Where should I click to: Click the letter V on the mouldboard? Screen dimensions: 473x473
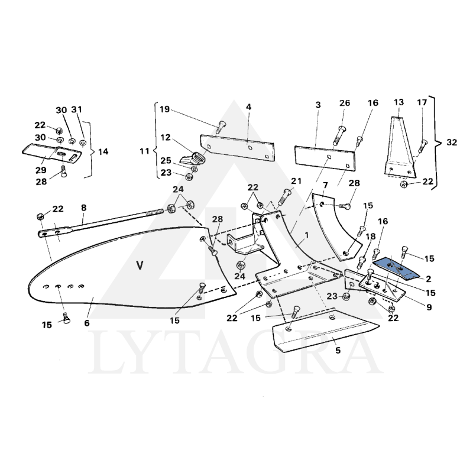(140, 265)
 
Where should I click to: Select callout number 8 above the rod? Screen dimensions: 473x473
(83, 208)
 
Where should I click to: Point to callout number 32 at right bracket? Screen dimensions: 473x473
(452, 142)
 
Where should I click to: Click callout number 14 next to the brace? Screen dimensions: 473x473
(103, 151)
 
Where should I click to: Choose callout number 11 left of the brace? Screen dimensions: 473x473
(144, 151)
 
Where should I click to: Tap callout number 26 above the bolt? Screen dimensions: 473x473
(345, 104)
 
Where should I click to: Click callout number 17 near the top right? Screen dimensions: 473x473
(422, 102)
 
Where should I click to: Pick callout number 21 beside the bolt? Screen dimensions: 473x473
(296, 180)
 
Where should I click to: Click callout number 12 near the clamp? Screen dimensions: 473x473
(165, 137)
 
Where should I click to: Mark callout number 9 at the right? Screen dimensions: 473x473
(429, 307)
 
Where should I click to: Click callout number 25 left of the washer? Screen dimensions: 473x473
(166, 161)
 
